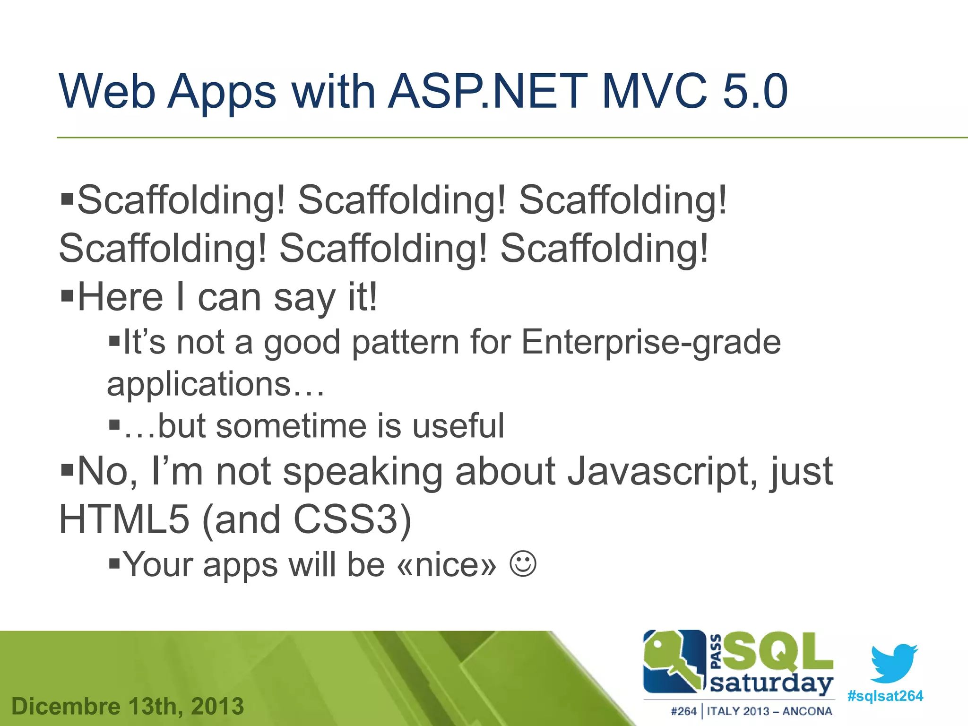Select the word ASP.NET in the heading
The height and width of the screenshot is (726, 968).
tap(487, 91)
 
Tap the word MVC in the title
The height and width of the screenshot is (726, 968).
tap(655, 91)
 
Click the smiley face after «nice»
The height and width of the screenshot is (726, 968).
tap(523, 563)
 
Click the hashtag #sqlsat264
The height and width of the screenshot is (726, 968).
tap(885, 696)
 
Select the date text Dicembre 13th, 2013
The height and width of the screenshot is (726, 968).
tap(128, 706)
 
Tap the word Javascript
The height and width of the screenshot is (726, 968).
tap(659, 471)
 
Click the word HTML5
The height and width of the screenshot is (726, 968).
tap(124, 519)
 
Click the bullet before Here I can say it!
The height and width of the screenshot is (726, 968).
tap(68, 297)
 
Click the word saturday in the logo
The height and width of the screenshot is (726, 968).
tap(771, 683)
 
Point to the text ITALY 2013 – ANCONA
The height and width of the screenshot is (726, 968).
tap(769, 711)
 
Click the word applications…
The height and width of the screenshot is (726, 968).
tap(216, 384)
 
